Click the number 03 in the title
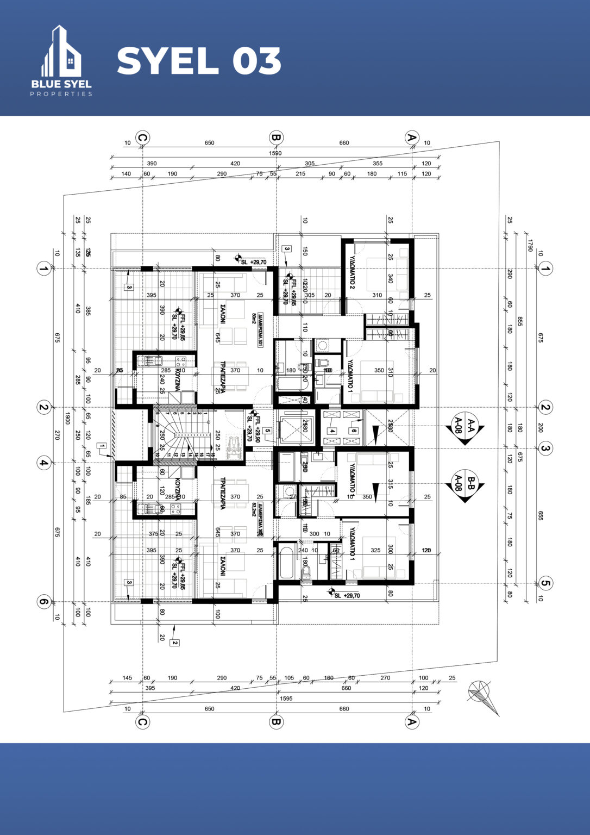(x=257, y=61)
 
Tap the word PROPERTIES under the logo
(x=61, y=94)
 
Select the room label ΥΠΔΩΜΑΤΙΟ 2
(x=352, y=272)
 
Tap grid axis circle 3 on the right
(x=545, y=448)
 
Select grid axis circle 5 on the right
(x=545, y=584)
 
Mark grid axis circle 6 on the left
(x=43, y=602)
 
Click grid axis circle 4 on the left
(x=43, y=463)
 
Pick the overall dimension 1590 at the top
(x=275, y=153)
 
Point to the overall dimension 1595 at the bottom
(x=286, y=699)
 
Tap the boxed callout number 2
(x=174, y=643)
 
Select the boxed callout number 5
(x=267, y=431)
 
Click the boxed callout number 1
(x=102, y=446)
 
